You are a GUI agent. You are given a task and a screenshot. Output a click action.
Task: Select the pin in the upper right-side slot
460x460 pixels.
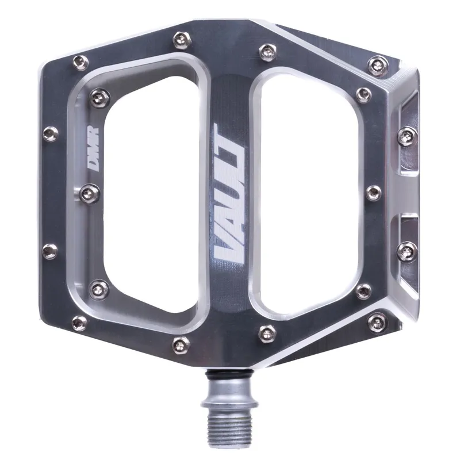click(408, 135)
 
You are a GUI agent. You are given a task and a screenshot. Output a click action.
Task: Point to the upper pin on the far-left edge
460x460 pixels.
click(51, 133)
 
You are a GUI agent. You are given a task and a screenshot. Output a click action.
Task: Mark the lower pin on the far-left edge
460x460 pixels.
click(51, 250)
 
